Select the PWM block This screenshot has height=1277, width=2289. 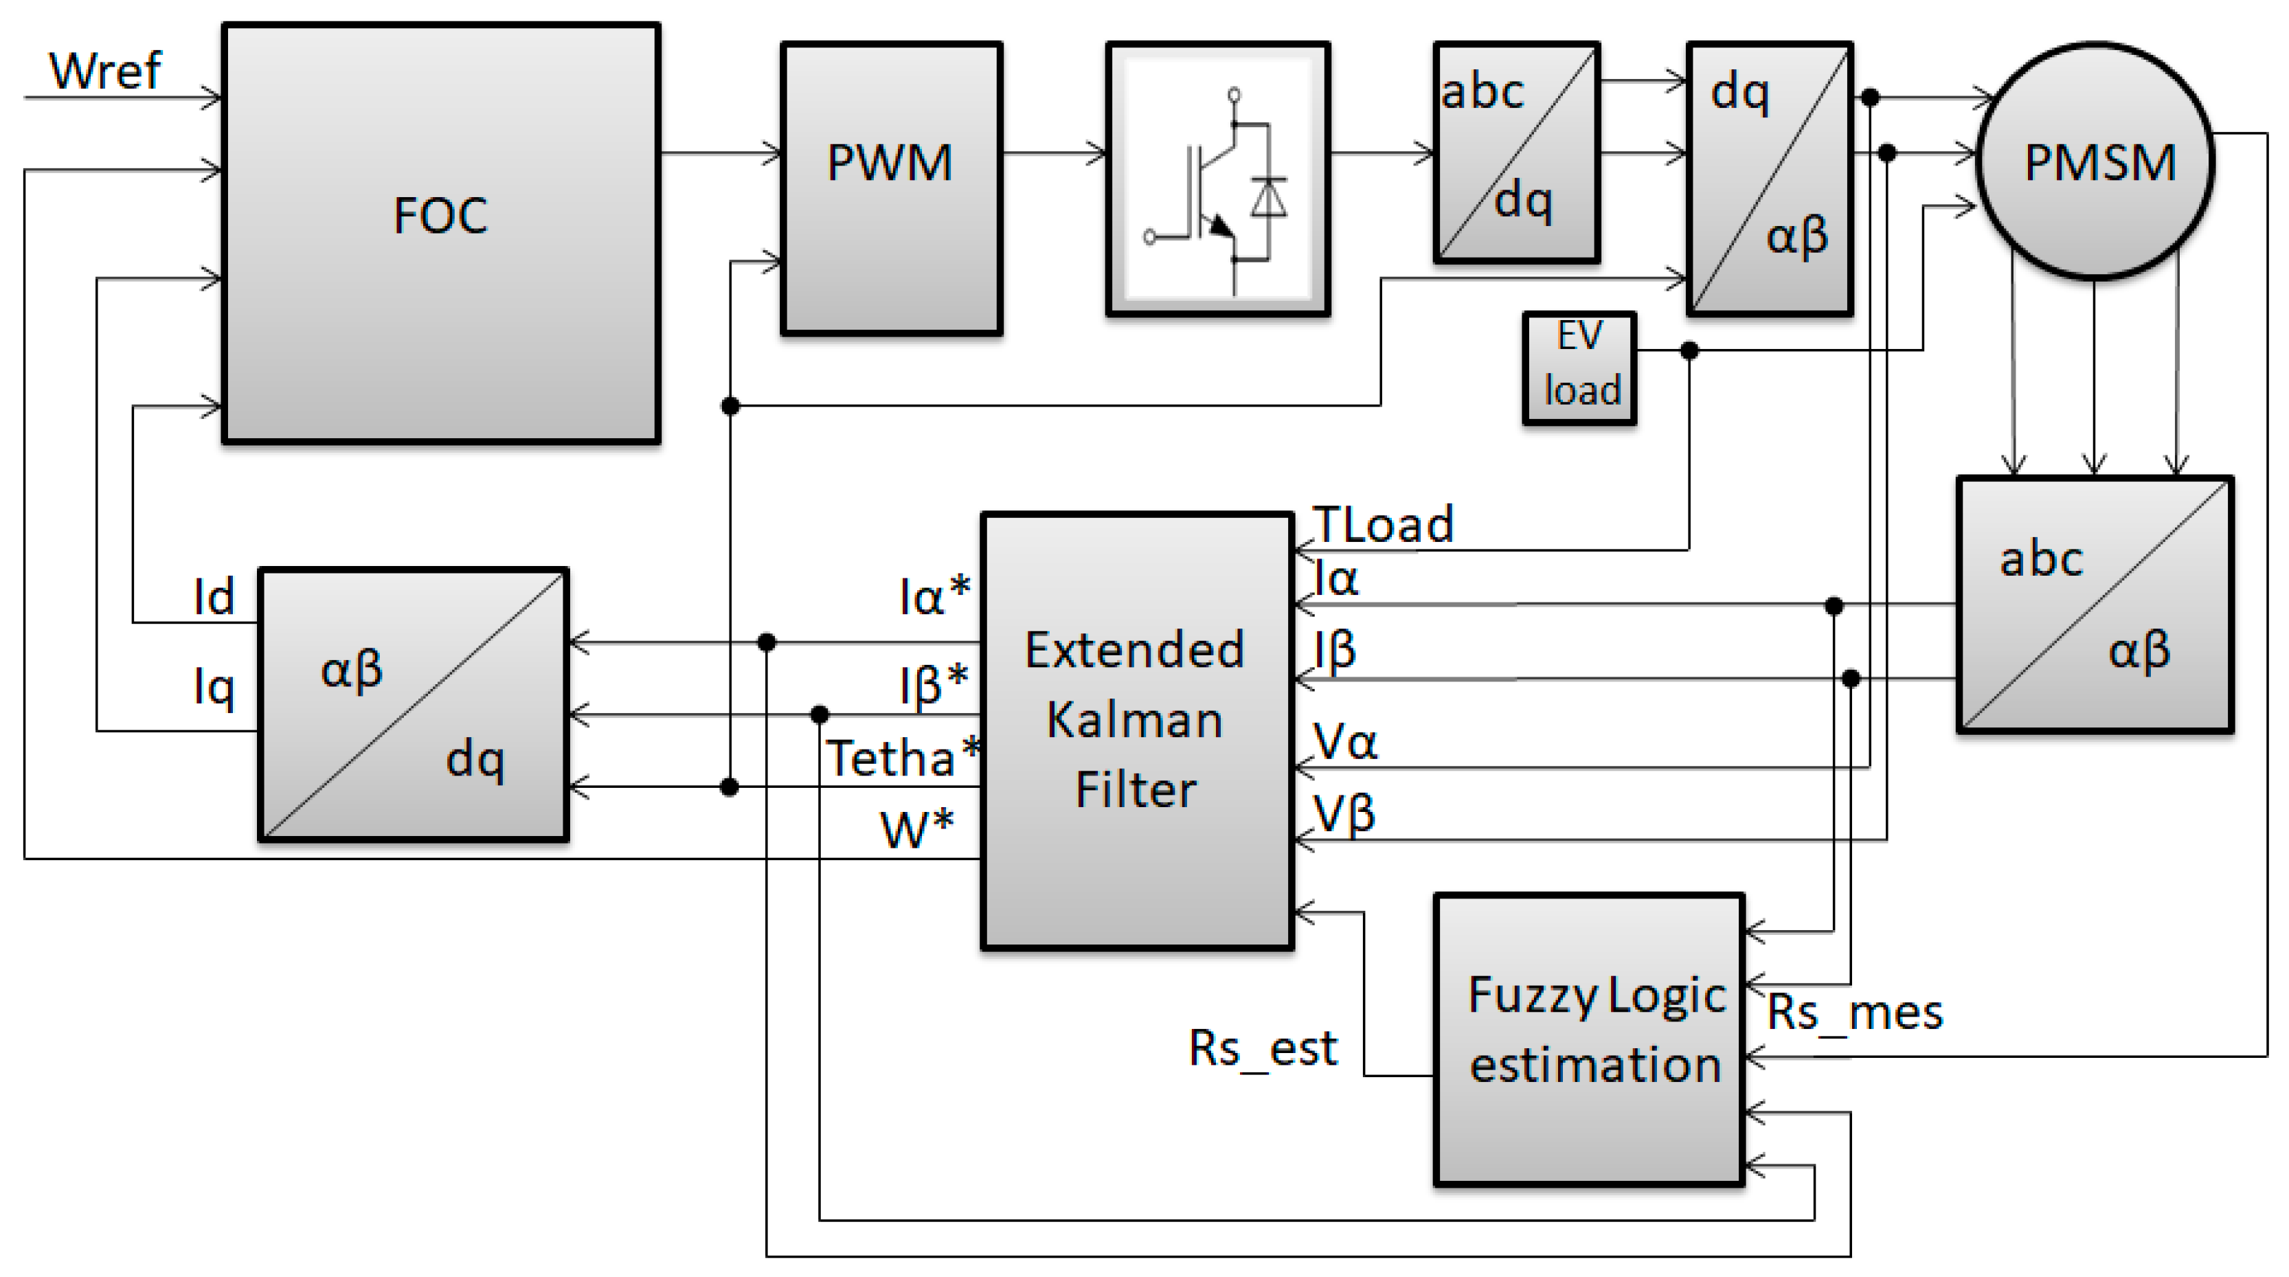[x=891, y=188]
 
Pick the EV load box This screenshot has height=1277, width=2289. [x=1579, y=367]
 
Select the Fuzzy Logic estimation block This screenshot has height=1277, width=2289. [x=1589, y=1040]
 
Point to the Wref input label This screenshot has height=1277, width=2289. [x=105, y=70]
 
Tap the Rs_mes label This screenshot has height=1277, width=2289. [x=1854, y=1012]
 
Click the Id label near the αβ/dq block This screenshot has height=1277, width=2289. [x=213, y=596]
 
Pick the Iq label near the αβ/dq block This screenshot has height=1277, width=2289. [x=213, y=687]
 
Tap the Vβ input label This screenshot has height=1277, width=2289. [x=1344, y=814]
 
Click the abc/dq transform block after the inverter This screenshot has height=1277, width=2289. [x=1517, y=153]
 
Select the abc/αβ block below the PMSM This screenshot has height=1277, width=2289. [x=2095, y=604]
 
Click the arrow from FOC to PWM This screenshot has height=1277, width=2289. [x=720, y=153]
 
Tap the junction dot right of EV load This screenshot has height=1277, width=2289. [x=1689, y=351]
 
